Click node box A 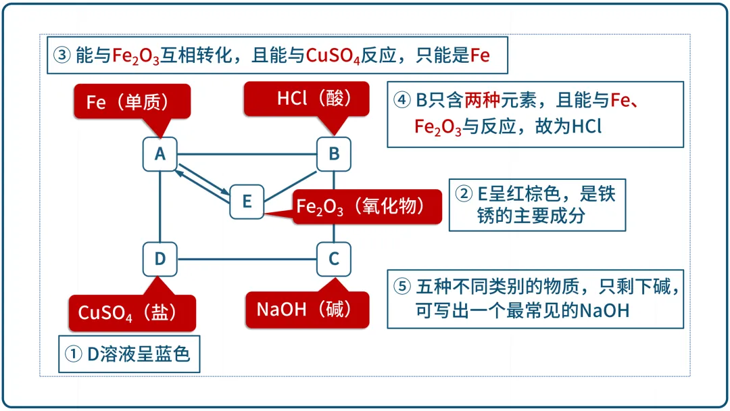pos(160,154)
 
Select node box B pos(334,154)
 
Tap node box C pos(334,260)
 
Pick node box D pos(160,260)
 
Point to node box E pos(247,201)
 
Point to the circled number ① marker pos(73,354)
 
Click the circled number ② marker pos(464,193)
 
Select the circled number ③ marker pos(62,55)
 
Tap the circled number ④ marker pos(401,100)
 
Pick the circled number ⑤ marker pos(402,286)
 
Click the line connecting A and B pos(247,154)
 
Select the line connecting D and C pos(247,260)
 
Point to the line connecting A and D pos(160,207)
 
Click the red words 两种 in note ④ pos(482,100)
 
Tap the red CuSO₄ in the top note pos(333,56)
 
